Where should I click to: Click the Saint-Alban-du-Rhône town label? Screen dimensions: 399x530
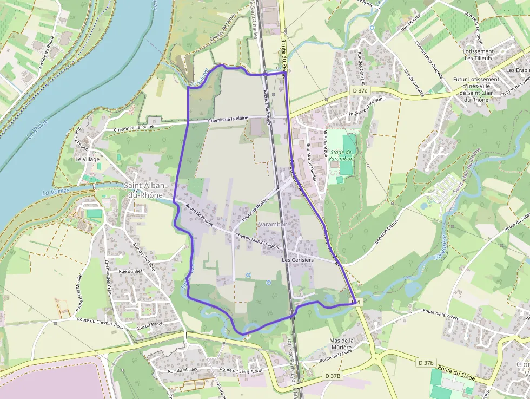click(147, 190)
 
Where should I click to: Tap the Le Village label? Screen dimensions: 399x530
click(87, 160)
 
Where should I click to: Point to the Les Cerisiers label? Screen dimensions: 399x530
click(297, 260)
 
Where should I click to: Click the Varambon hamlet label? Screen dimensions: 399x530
click(273, 224)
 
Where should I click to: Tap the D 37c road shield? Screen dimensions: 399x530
click(359, 90)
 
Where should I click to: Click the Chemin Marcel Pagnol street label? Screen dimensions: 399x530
click(259, 241)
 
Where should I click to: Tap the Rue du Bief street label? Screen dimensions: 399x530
click(130, 271)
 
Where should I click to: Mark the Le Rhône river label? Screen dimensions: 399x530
click(37, 130)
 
